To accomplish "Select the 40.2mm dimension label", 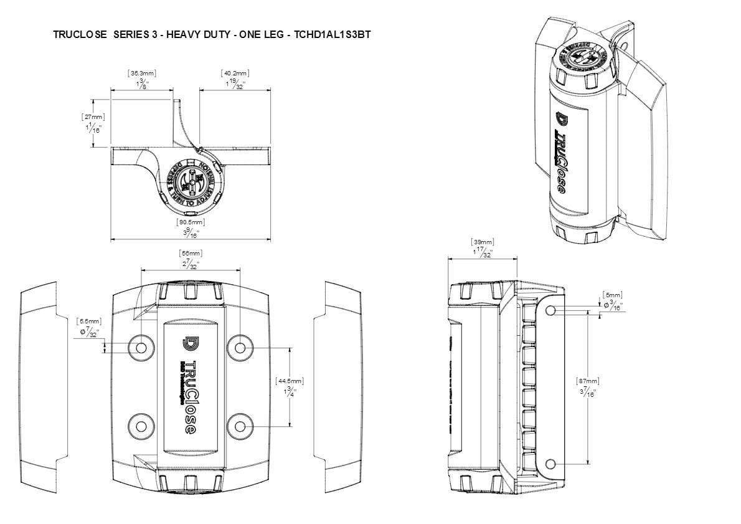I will (x=235, y=74).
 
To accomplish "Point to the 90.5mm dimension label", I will (x=191, y=222).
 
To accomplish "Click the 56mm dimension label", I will (x=191, y=253).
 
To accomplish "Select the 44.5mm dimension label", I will (x=289, y=381).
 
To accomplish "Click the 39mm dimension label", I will (x=483, y=242).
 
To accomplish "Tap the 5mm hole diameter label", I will (x=613, y=295).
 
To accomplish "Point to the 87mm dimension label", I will (x=588, y=381).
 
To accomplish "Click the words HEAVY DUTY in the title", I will (x=196, y=35).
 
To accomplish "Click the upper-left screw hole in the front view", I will (x=141, y=346).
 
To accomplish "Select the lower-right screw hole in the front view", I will (x=240, y=426).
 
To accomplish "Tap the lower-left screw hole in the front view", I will (x=141, y=426).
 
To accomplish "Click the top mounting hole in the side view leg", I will (x=550, y=310).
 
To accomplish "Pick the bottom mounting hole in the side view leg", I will (x=550, y=464).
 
